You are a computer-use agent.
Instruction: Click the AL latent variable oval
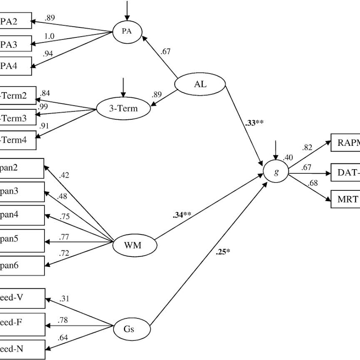[200, 84]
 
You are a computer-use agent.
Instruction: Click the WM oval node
[134, 245]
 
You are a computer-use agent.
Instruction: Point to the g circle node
[275, 172]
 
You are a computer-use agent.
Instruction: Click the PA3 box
[15, 45]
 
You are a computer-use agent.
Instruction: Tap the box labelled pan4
[21, 215]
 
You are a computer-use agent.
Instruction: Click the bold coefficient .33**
[252, 122]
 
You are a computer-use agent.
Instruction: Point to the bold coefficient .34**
[182, 215]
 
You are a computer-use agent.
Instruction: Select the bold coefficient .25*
[223, 252]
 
